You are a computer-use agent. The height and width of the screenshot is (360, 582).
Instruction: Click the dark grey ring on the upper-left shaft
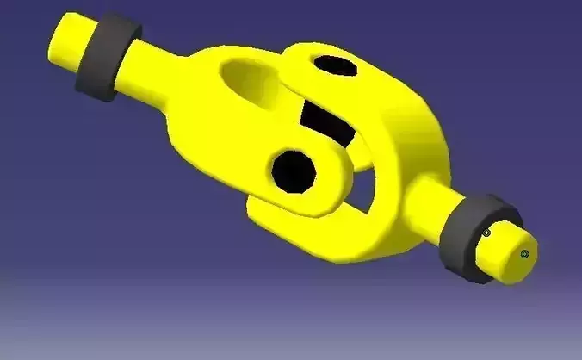tap(106, 57)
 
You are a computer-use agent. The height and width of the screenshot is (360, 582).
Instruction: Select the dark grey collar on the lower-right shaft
tap(471, 234)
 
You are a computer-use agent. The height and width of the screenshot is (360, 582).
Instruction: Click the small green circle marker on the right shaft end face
tap(524, 254)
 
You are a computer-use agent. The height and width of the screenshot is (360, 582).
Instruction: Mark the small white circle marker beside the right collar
tap(486, 233)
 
